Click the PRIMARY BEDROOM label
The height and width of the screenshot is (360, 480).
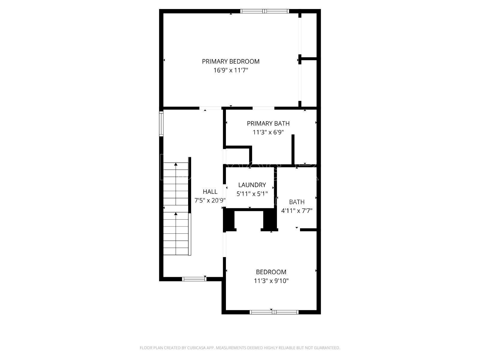[x=230, y=61]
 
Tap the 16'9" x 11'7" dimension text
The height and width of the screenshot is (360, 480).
[x=230, y=71]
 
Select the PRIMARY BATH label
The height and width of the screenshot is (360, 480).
[x=268, y=123]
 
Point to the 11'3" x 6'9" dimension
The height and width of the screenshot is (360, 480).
[x=268, y=132]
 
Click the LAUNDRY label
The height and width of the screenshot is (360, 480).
[x=252, y=185]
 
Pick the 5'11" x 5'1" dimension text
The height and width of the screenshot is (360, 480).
[x=252, y=194]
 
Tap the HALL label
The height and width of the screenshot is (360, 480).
[x=210, y=192]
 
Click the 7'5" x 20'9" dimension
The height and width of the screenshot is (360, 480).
[x=210, y=201]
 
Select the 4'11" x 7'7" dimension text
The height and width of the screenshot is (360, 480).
[x=297, y=211]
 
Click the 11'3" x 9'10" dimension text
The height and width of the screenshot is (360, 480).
[x=271, y=281]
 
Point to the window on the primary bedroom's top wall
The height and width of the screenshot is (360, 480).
[x=265, y=11]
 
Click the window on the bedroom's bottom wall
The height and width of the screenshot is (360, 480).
[x=274, y=312]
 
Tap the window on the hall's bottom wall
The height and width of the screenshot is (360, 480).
[x=194, y=279]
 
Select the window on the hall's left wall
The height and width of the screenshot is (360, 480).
[x=161, y=124]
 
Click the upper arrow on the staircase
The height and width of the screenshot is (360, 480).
[x=176, y=164]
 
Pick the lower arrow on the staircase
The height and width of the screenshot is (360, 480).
[x=176, y=214]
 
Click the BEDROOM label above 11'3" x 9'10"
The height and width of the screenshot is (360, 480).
[x=271, y=272]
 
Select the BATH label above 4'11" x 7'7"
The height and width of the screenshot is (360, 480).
[x=297, y=202]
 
